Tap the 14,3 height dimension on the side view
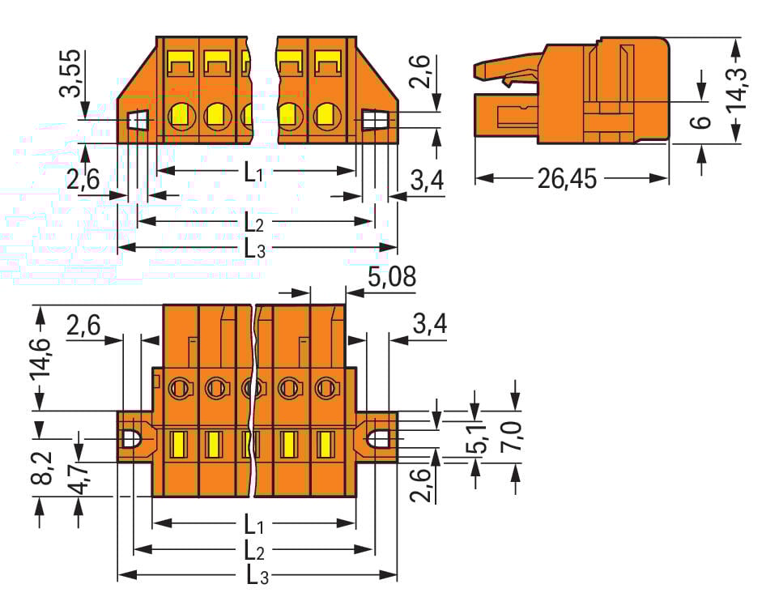pyautogui.click(x=736, y=90)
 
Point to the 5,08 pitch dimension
pyautogui.click(x=391, y=278)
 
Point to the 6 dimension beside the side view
pyautogui.click(x=703, y=122)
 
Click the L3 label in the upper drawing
pyautogui.click(x=255, y=249)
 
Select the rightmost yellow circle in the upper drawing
pyautogui.click(x=326, y=116)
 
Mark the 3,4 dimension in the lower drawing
pyautogui.click(x=429, y=325)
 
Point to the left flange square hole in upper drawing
pyautogui.click(x=138, y=120)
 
